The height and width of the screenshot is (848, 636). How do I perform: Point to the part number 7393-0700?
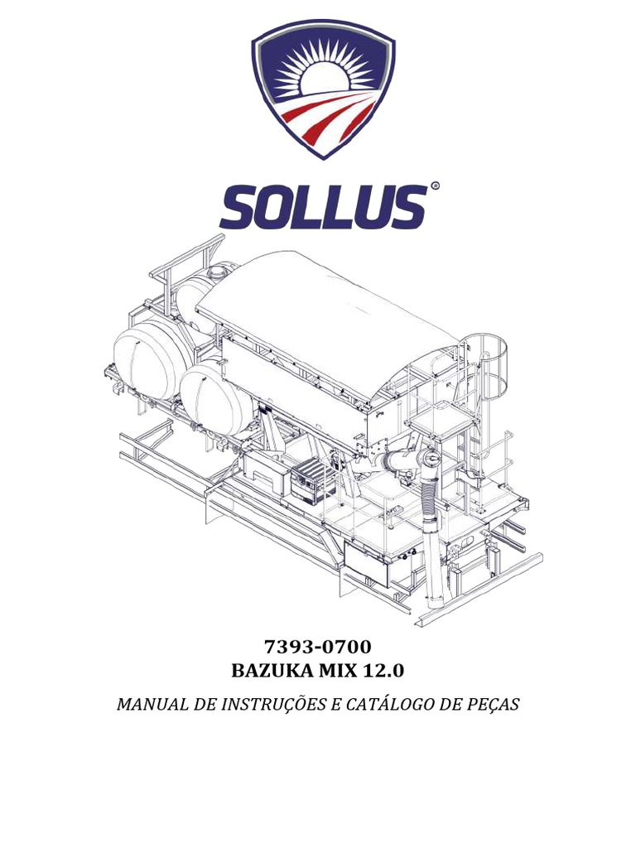[318, 646]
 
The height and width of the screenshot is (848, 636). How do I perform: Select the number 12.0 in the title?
[388, 669]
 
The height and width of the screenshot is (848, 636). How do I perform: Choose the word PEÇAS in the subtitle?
[489, 705]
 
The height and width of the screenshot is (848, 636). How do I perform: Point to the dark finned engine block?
[313, 479]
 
